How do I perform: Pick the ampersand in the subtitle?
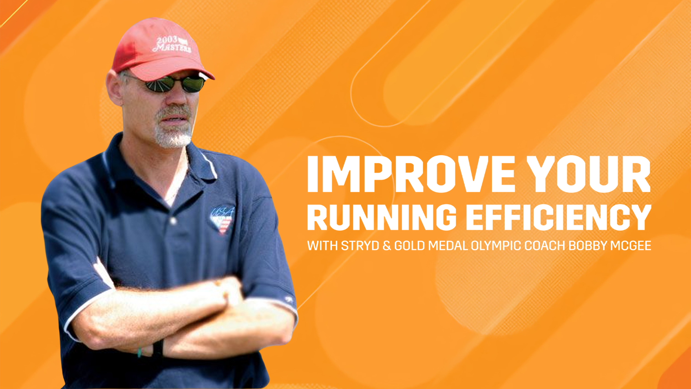tap(387, 246)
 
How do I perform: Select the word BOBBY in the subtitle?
tap(587, 246)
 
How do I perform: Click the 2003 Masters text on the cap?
tap(172, 44)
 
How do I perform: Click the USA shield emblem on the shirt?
tap(222, 219)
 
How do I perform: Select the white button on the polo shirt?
tap(173, 221)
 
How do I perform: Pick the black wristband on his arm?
tap(158, 348)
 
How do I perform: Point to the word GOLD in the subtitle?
tap(409, 246)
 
